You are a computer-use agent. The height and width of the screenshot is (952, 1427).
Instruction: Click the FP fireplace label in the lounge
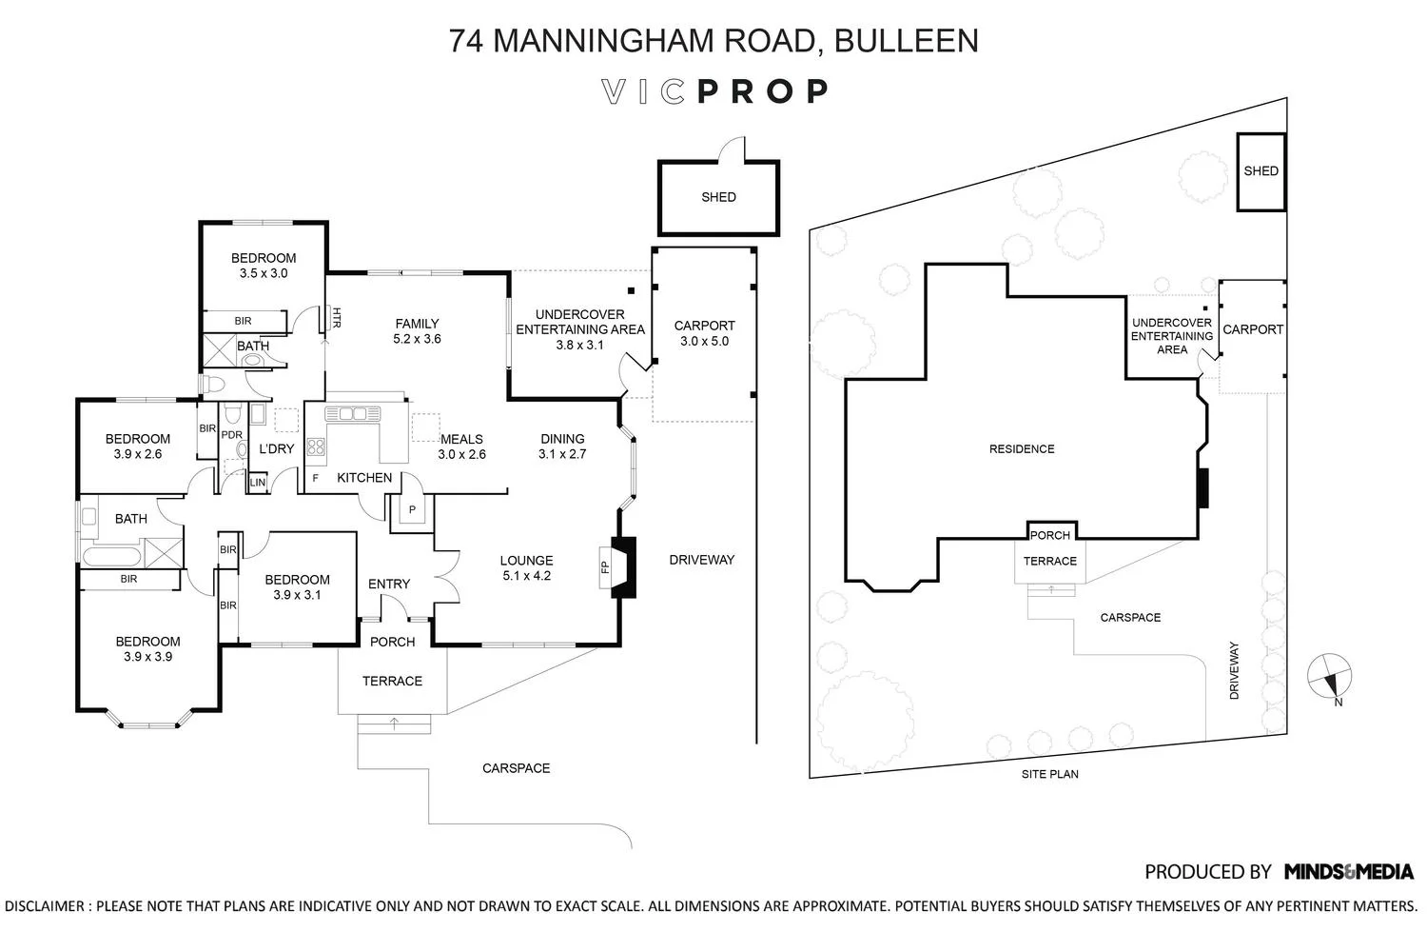click(604, 567)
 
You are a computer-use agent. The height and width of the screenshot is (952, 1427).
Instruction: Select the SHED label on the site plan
click(1261, 171)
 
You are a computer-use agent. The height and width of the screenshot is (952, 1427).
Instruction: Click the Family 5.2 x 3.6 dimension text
click(417, 339)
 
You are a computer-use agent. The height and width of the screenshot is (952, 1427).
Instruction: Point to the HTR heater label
click(336, 318)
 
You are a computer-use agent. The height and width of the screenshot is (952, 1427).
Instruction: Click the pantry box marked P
click(413, 511)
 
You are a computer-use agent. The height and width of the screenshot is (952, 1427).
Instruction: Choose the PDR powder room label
click(231, 435)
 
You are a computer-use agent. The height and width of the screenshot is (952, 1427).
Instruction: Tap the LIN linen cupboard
click(257, 483)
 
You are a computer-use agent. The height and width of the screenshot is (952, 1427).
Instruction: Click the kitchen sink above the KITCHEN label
click(352, 414)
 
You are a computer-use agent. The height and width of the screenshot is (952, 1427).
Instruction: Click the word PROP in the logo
click(763, 91)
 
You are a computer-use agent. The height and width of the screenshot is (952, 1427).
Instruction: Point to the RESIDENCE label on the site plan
click(1022, 449)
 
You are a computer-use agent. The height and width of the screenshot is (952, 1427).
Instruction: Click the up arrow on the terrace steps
click(394, 725)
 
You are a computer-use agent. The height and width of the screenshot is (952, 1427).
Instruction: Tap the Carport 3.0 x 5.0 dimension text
click(704, 341)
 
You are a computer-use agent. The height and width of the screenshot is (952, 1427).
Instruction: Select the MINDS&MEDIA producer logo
click(1348, 871)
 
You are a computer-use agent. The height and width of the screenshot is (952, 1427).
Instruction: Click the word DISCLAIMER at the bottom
click(44, 906)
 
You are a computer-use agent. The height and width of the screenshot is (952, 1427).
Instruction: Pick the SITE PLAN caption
click(1049, 774)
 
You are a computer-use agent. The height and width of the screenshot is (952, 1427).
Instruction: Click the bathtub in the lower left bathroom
click(112, 555)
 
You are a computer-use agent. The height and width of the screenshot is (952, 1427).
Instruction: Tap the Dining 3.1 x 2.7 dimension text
click(562, 454)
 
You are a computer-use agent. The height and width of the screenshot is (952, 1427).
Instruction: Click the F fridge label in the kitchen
click(315, 478)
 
